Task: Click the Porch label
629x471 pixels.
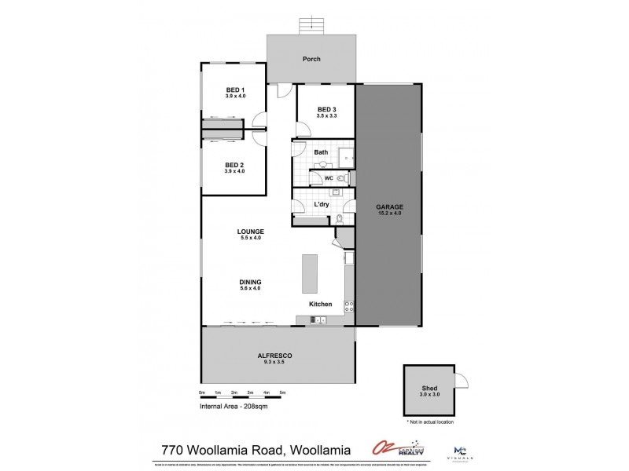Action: point(312,59)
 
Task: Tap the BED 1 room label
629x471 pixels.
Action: point(235,89)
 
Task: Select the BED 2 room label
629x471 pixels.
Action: point(235,165)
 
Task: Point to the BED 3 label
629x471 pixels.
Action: point(327,109)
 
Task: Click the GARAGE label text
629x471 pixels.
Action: point(390,206)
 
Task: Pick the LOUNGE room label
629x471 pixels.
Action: point(251,231)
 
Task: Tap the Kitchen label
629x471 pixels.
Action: point(320,304)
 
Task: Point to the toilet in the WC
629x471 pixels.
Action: point(340,179)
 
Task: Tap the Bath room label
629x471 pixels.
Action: point(321,152)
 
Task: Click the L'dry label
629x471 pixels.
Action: point(321,204)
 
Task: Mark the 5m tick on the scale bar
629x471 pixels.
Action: point(282,392)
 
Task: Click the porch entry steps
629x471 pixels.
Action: point(312,25)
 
